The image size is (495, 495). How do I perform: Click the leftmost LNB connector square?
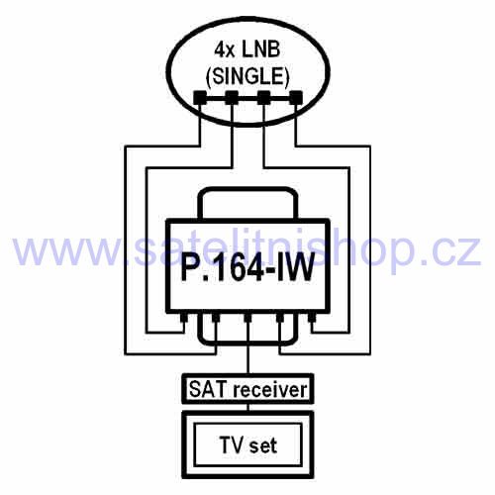tap(199, 97)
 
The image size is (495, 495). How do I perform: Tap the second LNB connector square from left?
tap(232, 97)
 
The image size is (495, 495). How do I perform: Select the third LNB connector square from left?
tap(264, 97)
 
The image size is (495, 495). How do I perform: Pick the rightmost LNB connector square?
tap(296, 97)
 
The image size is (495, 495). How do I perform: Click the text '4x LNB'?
tap(247, 49)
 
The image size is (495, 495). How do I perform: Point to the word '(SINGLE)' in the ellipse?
tap(247, 76)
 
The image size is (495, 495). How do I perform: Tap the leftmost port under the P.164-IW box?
tap(183, 318)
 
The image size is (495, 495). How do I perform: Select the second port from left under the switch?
tap(216, 318)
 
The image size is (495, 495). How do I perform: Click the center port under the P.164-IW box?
tap(247, 318)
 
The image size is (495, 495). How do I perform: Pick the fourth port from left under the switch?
tap(280, 318)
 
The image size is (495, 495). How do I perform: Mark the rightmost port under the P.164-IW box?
tap(312, 318)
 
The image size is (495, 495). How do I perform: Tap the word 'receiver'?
tap(270, 389)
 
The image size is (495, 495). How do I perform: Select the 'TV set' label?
tap(248, 445)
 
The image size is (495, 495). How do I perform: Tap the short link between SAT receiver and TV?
tap(248, 407)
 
